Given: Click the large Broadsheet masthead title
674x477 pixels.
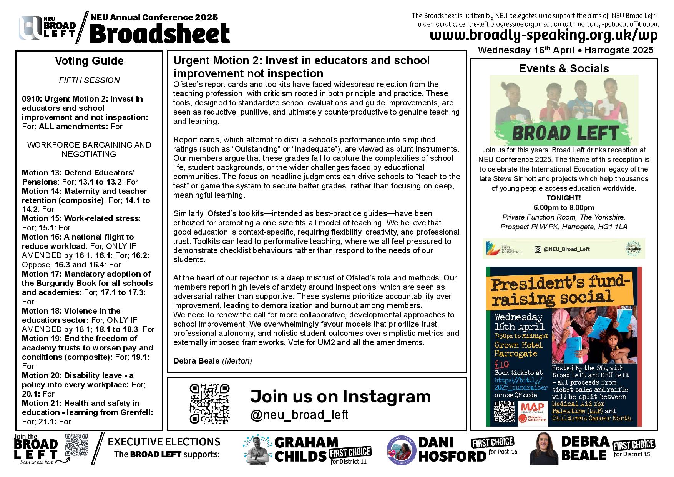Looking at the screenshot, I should pyautogui.click(x=160, y=34).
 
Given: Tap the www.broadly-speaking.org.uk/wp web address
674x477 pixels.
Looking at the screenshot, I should pyautogui.click(x=544, y=35).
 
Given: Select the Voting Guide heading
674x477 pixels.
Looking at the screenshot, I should pyautogui.click(x=89, y=61).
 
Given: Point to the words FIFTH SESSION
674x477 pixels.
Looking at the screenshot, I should pyautogui.click(x=89, y=80).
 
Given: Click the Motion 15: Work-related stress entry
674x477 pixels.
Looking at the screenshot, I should pyautogui.click(x=81, y=218).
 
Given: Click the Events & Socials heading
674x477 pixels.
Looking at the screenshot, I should pyautogui.click(x=564, y=68).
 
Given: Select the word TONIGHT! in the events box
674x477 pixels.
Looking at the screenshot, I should pyautogui.click(x=564, y=198).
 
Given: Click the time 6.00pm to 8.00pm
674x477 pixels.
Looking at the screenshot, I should pyautogui.click(x=564, y=208).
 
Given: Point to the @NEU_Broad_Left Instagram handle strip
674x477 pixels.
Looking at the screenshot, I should pyautogui.click(x=564, y=249).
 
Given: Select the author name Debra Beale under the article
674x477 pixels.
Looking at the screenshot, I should pyautogui.click(x=196, y=361).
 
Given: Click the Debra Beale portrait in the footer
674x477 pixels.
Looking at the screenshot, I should pyautogui.click(x=543, y=448).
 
